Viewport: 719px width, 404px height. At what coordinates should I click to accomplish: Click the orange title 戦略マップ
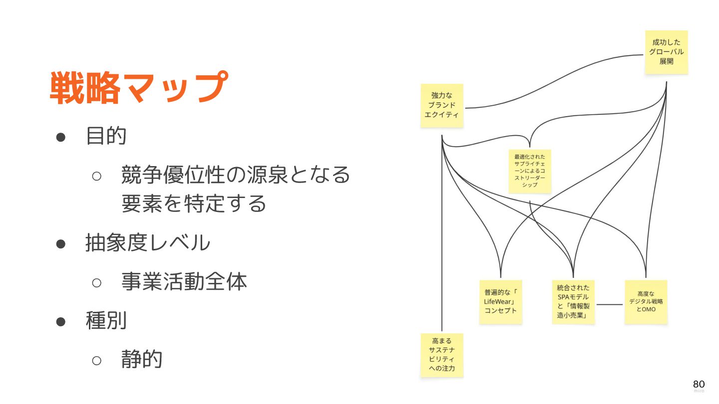[x=138, y=88]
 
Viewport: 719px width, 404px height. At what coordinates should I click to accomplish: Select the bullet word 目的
[x=106, y=136]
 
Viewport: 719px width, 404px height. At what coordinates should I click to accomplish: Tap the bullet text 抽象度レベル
[x=148, y=243]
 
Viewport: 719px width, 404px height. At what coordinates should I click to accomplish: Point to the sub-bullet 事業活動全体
[x=184, y=282]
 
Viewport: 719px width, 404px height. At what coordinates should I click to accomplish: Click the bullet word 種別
[x=106, y=321]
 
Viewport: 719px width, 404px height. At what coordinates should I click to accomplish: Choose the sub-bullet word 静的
[x=142, y=359]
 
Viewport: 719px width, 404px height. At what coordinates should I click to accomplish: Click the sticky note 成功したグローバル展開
[x=666, y=52]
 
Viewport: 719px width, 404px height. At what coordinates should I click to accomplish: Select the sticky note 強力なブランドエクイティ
[x=442, y=105]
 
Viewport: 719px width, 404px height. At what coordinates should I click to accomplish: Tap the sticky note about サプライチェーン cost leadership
[x=530, y=171]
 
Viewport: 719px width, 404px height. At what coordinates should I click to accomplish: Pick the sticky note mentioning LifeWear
[x=500, y=302]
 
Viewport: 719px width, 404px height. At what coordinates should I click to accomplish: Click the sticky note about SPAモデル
[x=573, y=302]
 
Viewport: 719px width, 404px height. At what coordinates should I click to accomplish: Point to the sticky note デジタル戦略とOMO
[x=646, y=302]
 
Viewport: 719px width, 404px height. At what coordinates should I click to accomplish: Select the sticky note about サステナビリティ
[x=442, y=355]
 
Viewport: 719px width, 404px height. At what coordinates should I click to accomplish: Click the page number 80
[x=699, y=384]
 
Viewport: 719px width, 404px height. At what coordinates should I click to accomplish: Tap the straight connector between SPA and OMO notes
[x=610, y=304]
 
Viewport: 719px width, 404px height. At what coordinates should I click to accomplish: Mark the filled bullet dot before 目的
[x=61, y=137]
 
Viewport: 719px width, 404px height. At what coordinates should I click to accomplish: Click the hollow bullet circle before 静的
[x=97, y=360]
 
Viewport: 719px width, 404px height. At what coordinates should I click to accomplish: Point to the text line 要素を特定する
[x=194, y=203]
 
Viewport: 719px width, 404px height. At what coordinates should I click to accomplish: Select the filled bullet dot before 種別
[x=61, y=322]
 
